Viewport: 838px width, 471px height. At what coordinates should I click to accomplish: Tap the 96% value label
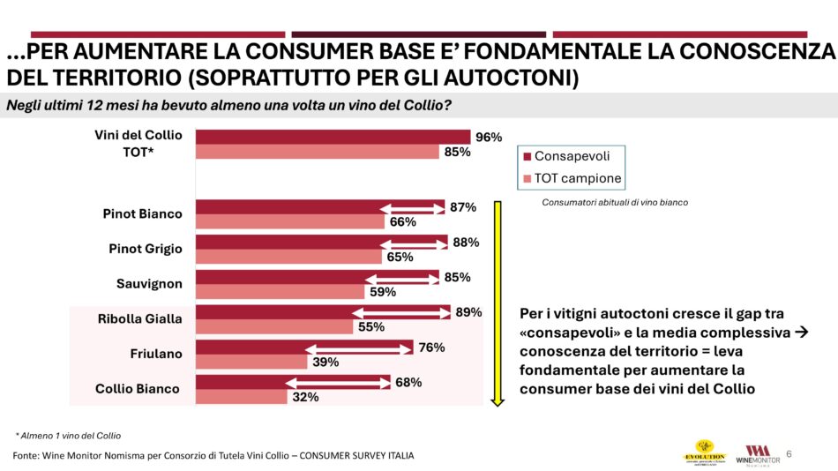488,137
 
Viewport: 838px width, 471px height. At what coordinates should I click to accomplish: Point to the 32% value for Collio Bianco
305,397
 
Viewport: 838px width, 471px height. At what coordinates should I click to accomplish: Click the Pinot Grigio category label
146,249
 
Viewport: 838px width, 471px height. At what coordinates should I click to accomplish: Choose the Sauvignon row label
149,284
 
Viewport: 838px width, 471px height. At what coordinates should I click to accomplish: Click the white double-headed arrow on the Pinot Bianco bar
412,207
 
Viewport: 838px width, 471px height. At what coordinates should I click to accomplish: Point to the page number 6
789,454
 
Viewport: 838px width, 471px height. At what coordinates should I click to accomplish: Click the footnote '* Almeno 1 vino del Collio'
68,436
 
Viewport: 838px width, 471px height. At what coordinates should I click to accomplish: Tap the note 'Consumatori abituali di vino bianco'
615,202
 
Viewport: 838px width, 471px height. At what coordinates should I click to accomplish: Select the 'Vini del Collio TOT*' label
138,143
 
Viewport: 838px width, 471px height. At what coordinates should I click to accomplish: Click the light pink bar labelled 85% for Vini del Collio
317,152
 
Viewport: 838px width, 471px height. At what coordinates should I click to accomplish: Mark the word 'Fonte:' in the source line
26,455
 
